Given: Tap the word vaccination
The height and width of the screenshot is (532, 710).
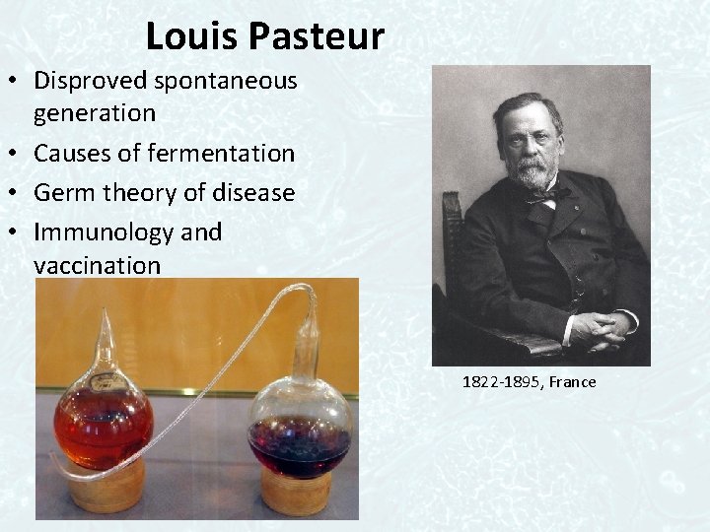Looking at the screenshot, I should tap(97, 265).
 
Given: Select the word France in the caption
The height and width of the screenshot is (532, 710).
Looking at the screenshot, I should tap(574, 381).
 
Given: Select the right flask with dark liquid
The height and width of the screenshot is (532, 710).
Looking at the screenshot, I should tap(300, 433).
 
